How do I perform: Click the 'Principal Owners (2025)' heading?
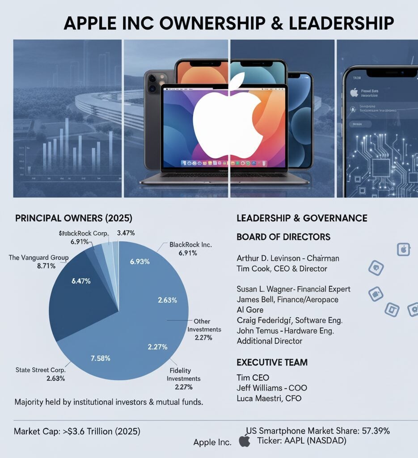coord(74,219)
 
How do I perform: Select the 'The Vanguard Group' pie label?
coord(38,257)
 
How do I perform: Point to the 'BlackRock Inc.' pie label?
coord(191,245)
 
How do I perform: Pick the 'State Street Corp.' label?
coord(40,370)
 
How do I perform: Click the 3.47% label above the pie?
coord(126,233)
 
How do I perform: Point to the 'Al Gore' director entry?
coord(250,310)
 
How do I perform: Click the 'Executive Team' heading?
coord(272,362)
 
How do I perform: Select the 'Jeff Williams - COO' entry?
coord(271,388)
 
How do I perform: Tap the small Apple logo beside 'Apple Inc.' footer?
coord(245,442)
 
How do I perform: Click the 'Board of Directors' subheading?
coord(283,237)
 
